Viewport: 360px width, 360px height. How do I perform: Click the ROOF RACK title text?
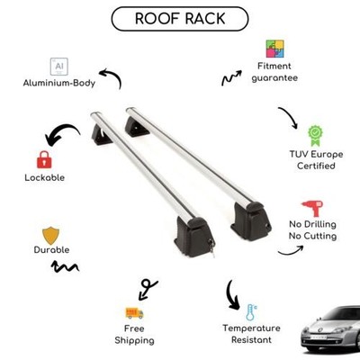[180, 19]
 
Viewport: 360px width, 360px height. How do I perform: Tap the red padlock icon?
[44, 159]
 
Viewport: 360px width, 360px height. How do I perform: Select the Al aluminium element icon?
[59, 67]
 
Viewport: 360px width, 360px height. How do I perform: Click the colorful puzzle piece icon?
[274, 49]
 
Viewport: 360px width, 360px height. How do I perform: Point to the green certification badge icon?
[316, 136]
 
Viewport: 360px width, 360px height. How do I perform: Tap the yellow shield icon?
[50, 236]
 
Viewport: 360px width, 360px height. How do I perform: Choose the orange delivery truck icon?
[134, 313]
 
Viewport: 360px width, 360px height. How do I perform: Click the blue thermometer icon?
[251, 312]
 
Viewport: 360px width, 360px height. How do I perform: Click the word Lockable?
[44, 177]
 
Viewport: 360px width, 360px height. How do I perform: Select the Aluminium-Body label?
[59, 83]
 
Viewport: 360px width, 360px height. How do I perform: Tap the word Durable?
[51, 250]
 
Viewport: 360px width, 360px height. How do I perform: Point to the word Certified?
[316, 166]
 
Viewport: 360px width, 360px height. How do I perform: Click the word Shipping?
[134, 340]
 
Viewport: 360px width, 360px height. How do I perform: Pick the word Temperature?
[251, 328]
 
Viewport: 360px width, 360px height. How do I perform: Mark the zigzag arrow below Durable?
[65, 266]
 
